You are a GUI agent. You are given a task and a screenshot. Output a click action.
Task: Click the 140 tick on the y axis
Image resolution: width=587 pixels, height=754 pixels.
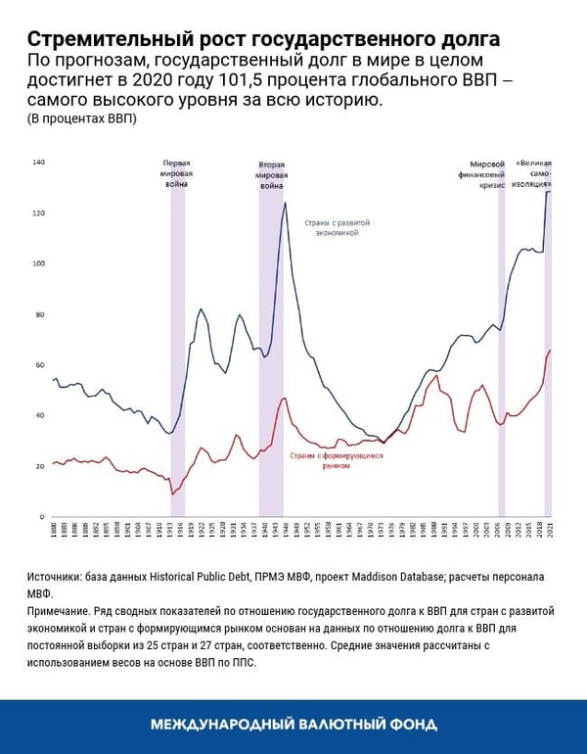coord(39,162)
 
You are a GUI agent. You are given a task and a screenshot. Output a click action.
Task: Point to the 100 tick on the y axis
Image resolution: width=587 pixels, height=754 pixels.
coord(39,263)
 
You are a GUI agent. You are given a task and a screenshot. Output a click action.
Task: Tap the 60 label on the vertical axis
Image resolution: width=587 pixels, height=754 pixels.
coord(40,365)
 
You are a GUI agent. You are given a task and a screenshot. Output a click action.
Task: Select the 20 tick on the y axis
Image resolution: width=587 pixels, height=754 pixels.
coord(40,466)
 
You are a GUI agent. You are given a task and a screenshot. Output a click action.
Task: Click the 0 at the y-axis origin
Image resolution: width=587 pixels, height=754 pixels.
coord(42,517)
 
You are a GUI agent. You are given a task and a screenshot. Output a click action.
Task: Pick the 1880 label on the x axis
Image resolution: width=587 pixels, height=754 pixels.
coord(53,532)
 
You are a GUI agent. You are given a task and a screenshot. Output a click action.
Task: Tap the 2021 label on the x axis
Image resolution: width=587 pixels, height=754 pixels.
coord(550,532)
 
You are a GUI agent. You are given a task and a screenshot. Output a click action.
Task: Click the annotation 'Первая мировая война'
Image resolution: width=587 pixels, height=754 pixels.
coord(177,172)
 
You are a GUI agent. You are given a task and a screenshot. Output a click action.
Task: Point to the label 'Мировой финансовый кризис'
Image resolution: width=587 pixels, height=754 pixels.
coord(486,172)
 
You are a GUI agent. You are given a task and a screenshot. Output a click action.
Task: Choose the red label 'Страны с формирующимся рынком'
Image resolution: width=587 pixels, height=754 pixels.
coord(324,461)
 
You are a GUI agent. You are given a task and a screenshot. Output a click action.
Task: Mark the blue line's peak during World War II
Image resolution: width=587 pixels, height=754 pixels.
coord(285,203)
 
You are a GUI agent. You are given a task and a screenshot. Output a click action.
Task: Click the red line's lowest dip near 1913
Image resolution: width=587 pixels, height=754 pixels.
coord(172,495)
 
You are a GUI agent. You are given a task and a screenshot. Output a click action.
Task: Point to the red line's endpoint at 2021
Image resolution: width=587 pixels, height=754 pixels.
coord(551,350)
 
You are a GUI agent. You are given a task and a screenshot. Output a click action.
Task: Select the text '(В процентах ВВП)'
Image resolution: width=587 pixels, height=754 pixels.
coord(81,119)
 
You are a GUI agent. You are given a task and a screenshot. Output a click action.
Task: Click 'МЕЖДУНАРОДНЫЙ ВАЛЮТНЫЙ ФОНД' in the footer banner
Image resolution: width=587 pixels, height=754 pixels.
coord(293,725)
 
